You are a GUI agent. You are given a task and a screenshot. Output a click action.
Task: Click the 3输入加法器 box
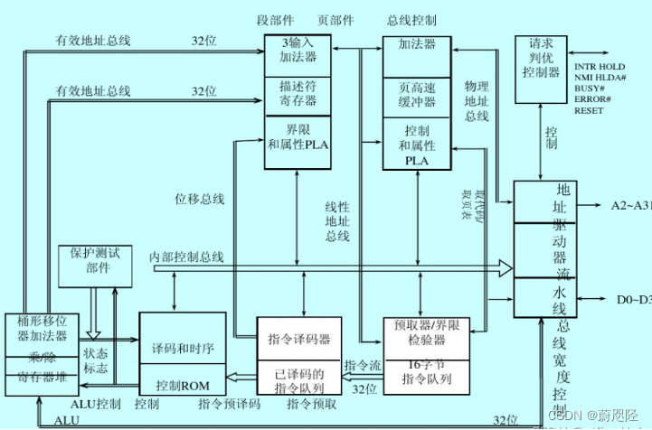tap(298, 55)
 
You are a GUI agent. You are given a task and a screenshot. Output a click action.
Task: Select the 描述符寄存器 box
tap(298, 95)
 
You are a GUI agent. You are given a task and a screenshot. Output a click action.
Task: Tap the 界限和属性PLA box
tap(298, 141)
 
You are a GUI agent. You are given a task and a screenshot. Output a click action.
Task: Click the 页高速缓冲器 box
tap(418, 95)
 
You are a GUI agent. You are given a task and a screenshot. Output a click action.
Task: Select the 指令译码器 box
tap(298, 339)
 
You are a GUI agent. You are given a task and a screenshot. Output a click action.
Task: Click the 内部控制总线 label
tap(186, 258)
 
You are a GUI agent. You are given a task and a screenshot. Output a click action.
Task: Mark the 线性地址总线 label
tap(336, 222)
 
